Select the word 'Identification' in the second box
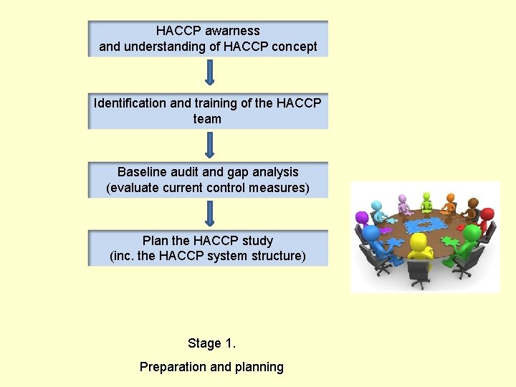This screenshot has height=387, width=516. (x=130, y=103)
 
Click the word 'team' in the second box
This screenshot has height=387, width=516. (x=207, y=119)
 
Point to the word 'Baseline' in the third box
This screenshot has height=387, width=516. (x=141, y=172)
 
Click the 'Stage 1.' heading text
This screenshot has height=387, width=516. (x=211, y=343)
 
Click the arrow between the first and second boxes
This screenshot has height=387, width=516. (x=209, y=73)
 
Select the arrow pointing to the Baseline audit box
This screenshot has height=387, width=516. (x=209, y=143)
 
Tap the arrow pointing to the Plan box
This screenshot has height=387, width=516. (x=209, y=213)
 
